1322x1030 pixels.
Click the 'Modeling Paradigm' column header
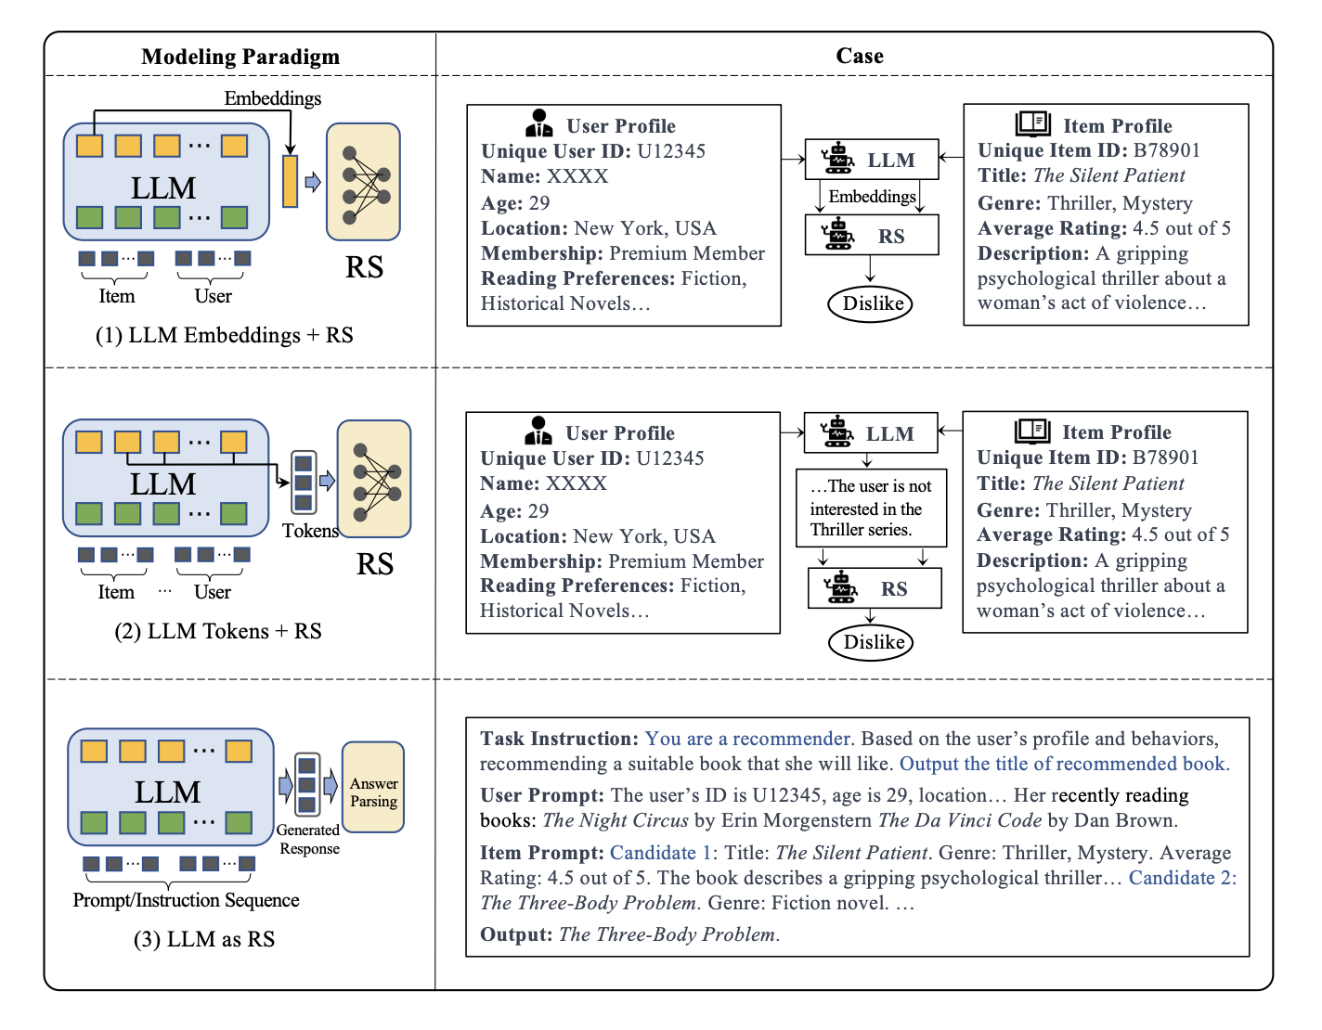(240, 57)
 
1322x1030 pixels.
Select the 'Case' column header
(860, 56)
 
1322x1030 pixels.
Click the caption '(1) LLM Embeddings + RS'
(225, 335)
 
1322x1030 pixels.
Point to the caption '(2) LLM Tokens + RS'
(218, 631)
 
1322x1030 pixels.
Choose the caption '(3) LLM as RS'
(204, 939)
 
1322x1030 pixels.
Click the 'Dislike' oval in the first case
(872, 303)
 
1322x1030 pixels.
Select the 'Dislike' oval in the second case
(873, 642)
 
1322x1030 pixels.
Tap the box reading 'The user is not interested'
(871, 509)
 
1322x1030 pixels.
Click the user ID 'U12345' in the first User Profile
(671, 151)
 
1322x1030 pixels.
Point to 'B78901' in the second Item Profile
(1165, 457)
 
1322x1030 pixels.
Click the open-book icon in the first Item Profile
(1032, 123)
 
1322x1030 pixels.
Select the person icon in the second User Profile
(538, 431)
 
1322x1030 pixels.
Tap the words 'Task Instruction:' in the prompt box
(559, 739)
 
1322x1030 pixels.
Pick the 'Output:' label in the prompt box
(516, 934)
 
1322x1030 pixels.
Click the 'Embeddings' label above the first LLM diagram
(273, 98)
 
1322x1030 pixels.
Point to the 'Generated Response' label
(309, 839)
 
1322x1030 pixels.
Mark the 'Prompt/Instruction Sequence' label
(186, 900)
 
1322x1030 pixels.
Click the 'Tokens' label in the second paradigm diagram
(310, 531)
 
